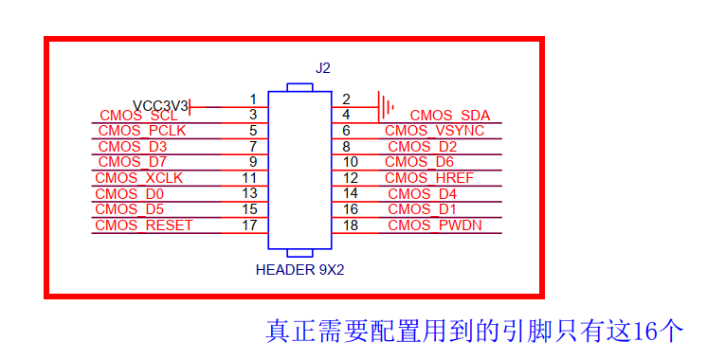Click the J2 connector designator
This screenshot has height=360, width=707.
click(x=322, y=68)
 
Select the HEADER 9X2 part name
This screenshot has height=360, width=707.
click(x=299, y=269)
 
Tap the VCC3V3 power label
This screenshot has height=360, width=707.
click(x=161, y=105)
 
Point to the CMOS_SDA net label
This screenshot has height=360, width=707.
click(x=449, y=116)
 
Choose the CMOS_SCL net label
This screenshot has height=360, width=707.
click(x=138, y=116)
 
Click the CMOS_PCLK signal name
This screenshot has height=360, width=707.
click(x=143, y=131)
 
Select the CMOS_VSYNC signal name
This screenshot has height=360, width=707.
click(x=435, y=131)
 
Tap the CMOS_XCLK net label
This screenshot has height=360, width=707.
click(x=139, y=178)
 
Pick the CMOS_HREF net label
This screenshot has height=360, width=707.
click(x=429, y=178)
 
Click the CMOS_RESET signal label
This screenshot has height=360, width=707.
click(x=144, y=225)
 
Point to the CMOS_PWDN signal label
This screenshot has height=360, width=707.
click(x=434, y=225)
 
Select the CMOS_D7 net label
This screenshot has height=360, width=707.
click(x=134, y=162)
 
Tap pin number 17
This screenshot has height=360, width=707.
click(x=250, y=225)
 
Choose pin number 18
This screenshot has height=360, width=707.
click(x=350, y=225)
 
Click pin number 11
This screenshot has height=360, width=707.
click(x=250, y=178)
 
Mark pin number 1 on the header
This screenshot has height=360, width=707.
click(x=253, y=99)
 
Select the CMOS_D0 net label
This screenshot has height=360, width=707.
click(x=131, y=194)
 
